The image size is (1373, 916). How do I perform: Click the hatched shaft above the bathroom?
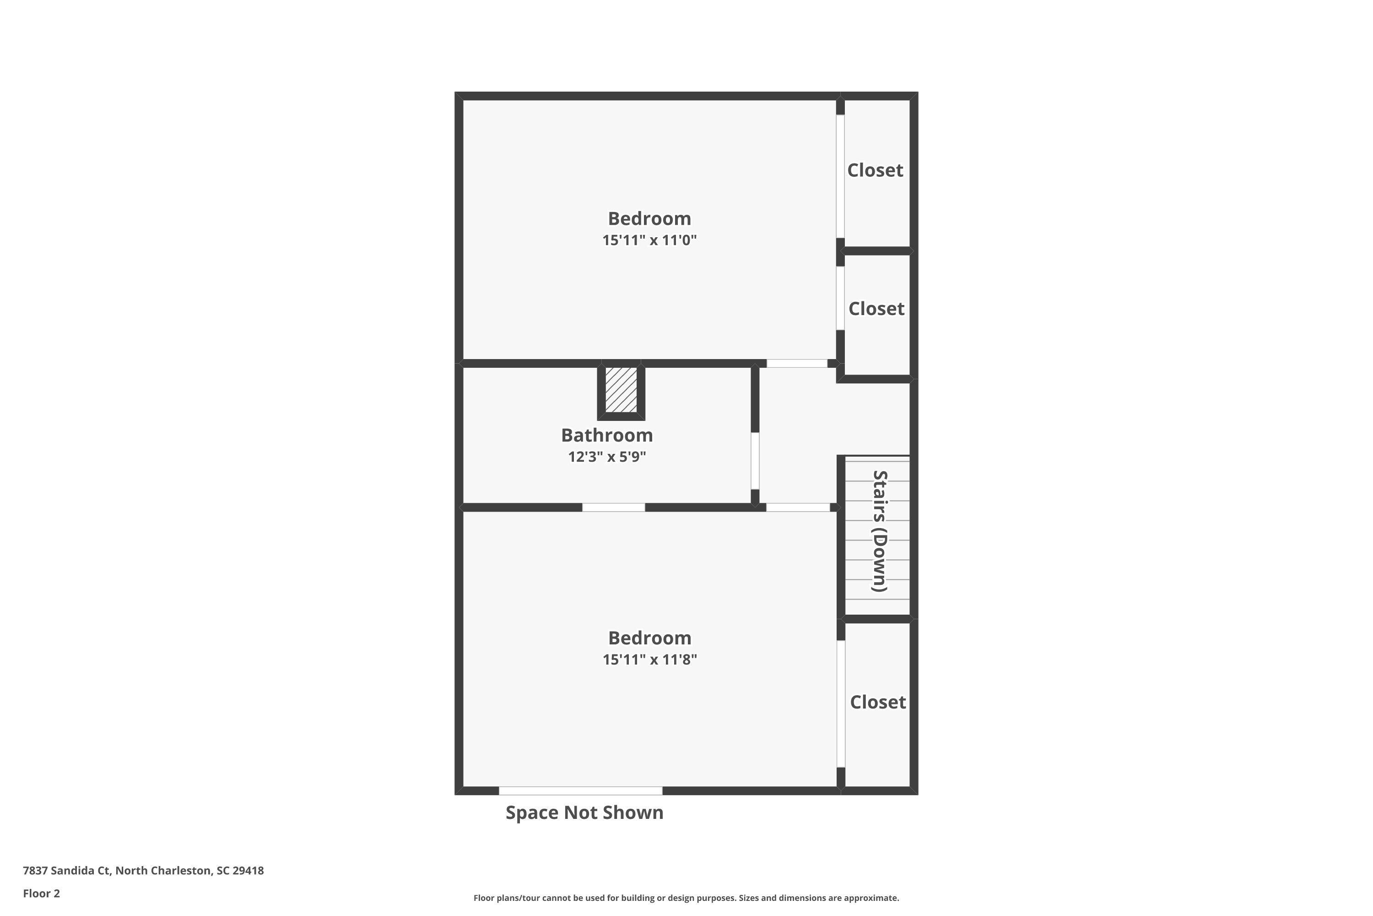[621, 390]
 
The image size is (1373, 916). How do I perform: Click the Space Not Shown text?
[584, 812]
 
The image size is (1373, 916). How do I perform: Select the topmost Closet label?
[875, 170]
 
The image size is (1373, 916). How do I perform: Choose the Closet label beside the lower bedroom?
[877, 702]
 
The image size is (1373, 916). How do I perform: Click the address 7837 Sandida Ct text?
[143, 871]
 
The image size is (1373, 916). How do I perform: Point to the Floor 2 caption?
[42, 893]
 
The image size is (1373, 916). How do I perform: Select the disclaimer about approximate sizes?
[686, 898]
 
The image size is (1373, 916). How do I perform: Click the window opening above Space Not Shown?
[580, 791]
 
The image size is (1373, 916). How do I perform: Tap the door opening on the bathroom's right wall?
[755, 461]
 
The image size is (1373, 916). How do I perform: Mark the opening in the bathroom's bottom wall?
[614, 507]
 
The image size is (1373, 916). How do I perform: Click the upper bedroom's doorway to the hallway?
[797, 363]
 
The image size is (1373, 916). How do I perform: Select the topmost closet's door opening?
[840, 176]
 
